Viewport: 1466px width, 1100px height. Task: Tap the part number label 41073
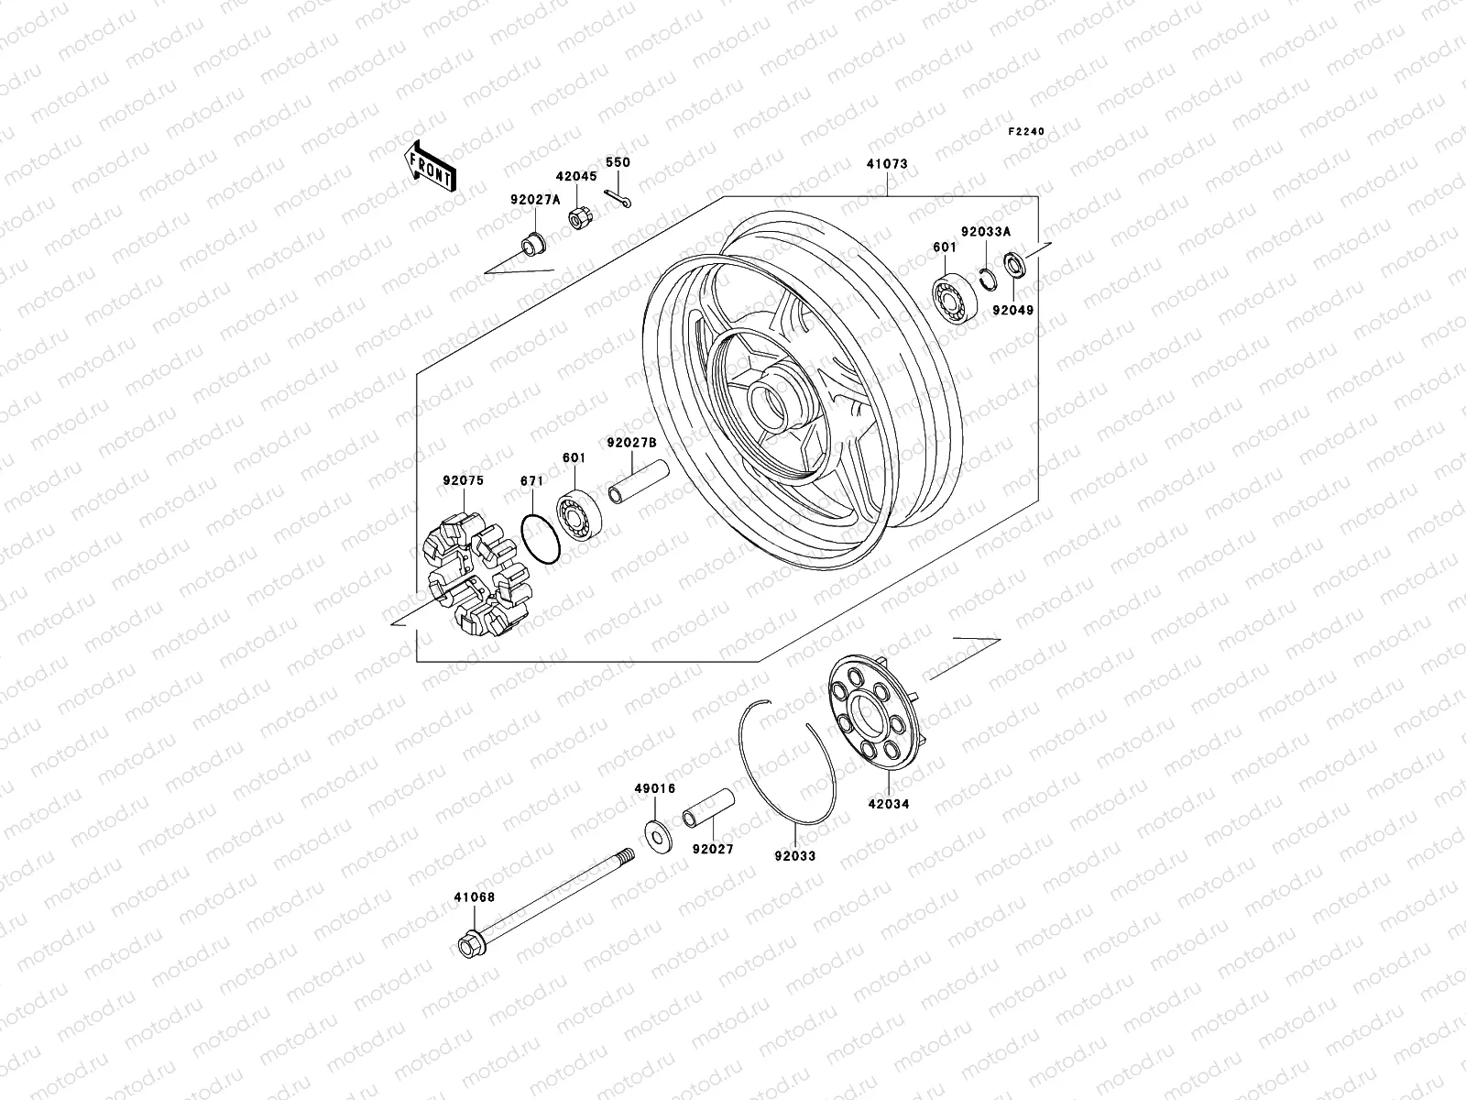click(x=886, y=164)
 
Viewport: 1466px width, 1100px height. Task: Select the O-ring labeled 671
click(x=539, y=540)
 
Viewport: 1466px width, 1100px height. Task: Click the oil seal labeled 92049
click(x=1014, y=266)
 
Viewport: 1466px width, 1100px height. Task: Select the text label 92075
click(x=463, y=480)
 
